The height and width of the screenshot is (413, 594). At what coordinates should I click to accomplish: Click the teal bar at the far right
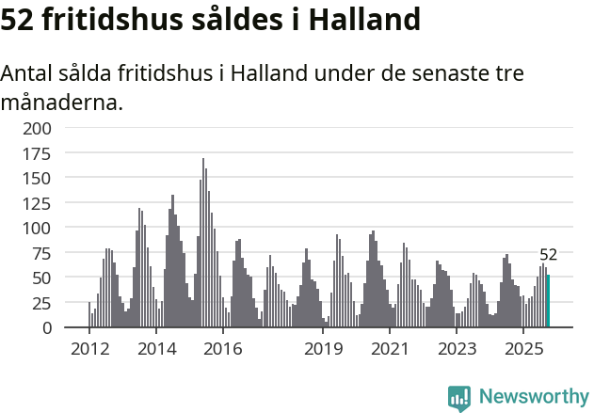pyautogui.click(x=548, y=301)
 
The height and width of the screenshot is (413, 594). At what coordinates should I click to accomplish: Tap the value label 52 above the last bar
pyautogui.click(x=549, y=254)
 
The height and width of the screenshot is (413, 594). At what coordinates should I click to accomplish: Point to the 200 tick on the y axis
pyautogui.click(x=40, y=127)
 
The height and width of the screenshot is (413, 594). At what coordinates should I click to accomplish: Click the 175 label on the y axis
pyautogui.click(x=40, y=152)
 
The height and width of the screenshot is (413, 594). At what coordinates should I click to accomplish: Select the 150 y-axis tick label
pyautogui.click(x=40, y=177)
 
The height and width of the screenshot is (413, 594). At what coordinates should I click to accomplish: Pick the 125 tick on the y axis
pyautogui.click(x=40, y=202)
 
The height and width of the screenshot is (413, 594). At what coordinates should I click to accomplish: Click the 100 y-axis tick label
pyautogui.click(x=40, y=228)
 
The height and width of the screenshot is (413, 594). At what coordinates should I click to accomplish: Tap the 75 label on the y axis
pyautogui.click(x=43, y=252)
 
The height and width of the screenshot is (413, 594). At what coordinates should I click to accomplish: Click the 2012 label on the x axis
pyautogui.click(x=89, y=350)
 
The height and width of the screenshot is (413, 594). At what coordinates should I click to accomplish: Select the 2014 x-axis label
pyautogui.click(x=156, y=350)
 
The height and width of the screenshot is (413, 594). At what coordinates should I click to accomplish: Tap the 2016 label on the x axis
pyautogui.click(x=223, y=350)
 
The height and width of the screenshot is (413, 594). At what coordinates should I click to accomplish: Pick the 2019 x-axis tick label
pyautogui.click(x=323, y=350)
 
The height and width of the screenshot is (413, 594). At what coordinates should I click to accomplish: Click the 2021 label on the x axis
pyautogui.click(x=390, y=350)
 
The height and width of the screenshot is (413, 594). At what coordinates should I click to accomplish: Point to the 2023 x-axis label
pyautogui.click(x=457, y=350)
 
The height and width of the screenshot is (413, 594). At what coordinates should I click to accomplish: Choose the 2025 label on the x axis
pyautogui.click(x=523, y=350)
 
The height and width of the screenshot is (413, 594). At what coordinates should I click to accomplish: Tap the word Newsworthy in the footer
pyautogui.click(x=534, y=396)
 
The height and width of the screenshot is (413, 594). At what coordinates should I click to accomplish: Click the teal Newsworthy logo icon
pyautogui.click(x=459, y=398)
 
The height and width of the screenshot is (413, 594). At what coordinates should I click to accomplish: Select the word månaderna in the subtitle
pyautogui.click(x=62, y=102)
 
